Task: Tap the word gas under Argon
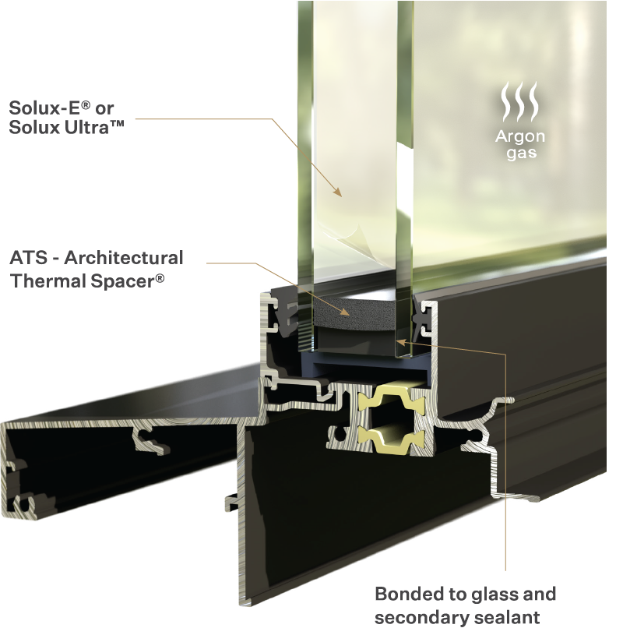521,153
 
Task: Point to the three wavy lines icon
520,102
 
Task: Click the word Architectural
124,258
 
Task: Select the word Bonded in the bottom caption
409,594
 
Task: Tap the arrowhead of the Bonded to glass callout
400,341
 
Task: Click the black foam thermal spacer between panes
354,313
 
